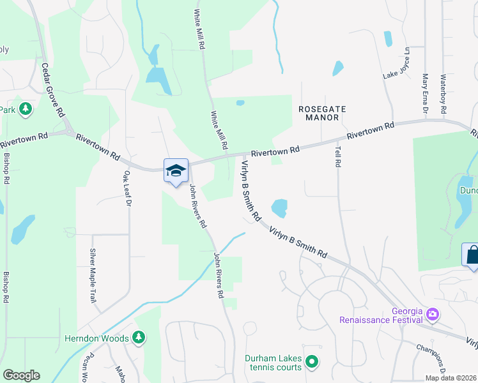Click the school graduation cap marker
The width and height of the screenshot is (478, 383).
pos(176,170)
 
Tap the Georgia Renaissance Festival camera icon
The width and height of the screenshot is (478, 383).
pos(433,313)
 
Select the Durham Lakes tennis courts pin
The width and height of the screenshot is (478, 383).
pos(312,363)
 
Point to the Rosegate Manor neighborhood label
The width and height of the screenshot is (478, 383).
pos(322,114)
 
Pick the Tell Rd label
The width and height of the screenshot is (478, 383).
pos(337,156)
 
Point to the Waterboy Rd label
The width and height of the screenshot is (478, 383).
pos(442,94)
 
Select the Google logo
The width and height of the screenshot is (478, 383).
pos(21,375)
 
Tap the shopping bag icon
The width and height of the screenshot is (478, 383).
pos(471,255)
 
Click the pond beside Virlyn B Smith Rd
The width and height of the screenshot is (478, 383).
pos(279,208)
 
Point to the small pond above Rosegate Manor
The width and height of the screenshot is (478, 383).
pos(337,68)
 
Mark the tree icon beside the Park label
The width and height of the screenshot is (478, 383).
pos(26,109)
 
